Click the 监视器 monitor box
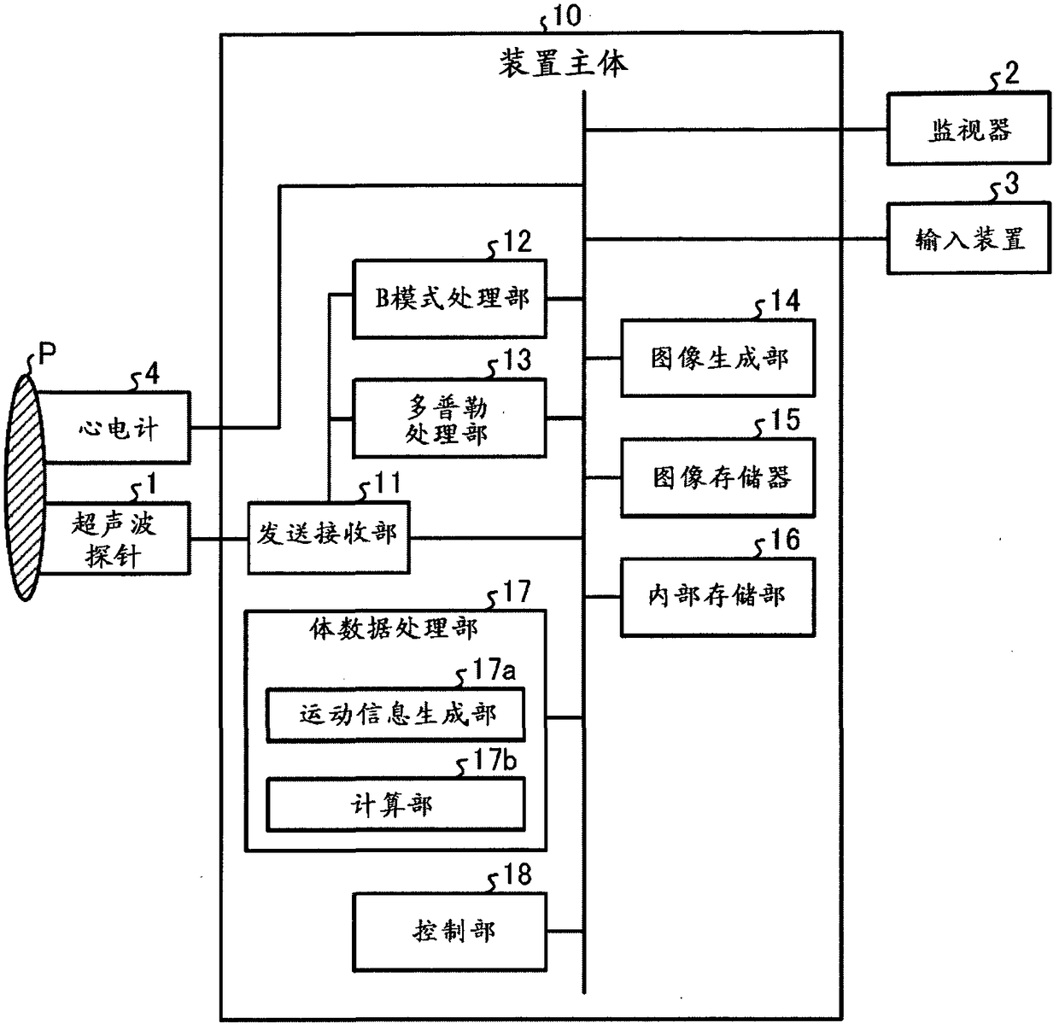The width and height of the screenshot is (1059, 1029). click(x=968, y=129)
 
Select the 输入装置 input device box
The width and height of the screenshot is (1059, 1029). click(x=968, y=238)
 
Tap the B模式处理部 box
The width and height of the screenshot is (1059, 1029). click(x=449, y=299)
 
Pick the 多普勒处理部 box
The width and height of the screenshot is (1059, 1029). click(x=449, y=418)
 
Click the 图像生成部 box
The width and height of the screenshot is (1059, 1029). click(x=717, y=358)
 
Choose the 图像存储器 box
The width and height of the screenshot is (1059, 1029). click(x=717, y=477)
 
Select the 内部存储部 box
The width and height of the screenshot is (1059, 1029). click(x=717, y=596)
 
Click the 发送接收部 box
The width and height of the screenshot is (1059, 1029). click(x=328, y=536)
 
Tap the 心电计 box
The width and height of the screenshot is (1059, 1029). click(x=116, y=427)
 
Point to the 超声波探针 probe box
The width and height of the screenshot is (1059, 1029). click(x=116, y=538)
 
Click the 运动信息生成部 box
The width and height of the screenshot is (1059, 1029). click(x=395, y=714)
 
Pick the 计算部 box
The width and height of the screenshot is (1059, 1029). click(x=395, y=804)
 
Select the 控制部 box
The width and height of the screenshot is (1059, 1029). click(x=449, y=930)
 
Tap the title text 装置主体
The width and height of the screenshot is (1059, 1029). click(x=563, y=63)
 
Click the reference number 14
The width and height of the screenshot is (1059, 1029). click(x=785, y=301)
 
